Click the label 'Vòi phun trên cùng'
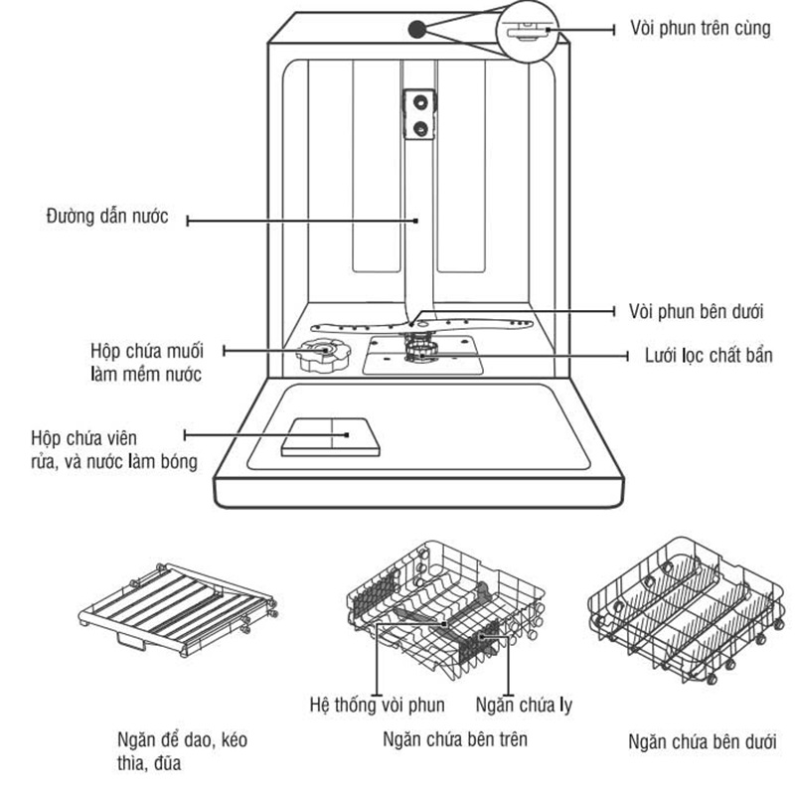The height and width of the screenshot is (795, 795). (701, 28)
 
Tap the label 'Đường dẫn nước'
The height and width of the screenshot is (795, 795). (107, 217)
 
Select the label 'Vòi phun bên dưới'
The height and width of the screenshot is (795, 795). (696, 311)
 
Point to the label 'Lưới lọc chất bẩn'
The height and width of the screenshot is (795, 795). (709, 356)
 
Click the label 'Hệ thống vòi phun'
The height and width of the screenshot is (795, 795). (378, 705)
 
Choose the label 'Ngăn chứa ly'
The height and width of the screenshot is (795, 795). (525, 705)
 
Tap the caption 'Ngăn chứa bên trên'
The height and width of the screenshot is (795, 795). (455, 739)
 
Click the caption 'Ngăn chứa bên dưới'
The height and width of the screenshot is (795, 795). (703, 741)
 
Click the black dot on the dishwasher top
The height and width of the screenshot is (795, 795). (416, 30)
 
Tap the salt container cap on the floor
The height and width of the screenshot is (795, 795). (323, 355)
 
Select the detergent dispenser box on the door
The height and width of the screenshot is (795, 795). (331, 437)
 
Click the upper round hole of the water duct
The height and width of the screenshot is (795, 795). (419, 102)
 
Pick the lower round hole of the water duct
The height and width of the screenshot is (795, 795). (419, 129)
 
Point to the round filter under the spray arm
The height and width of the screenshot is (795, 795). (420, 350)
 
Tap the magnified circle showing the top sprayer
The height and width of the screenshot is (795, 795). (528, 31)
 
